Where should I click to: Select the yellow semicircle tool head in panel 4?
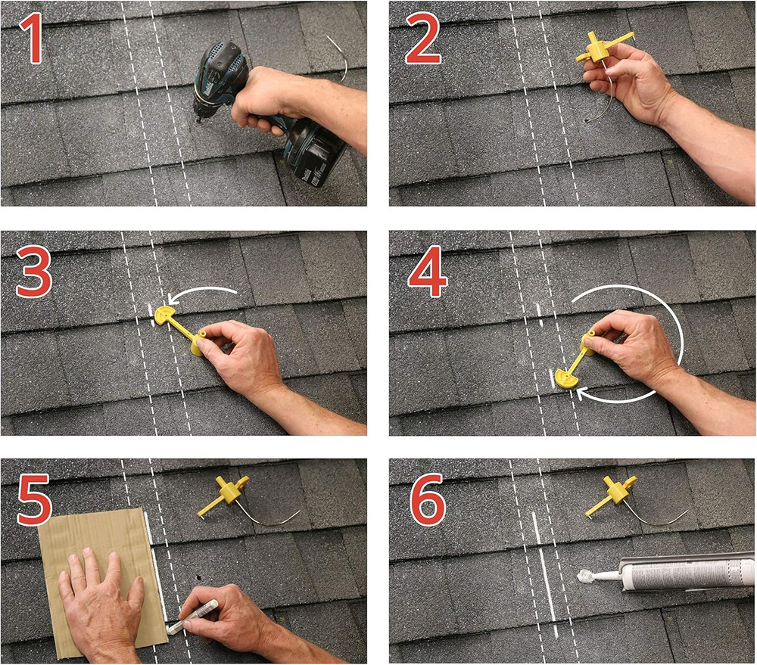point(566,376)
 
